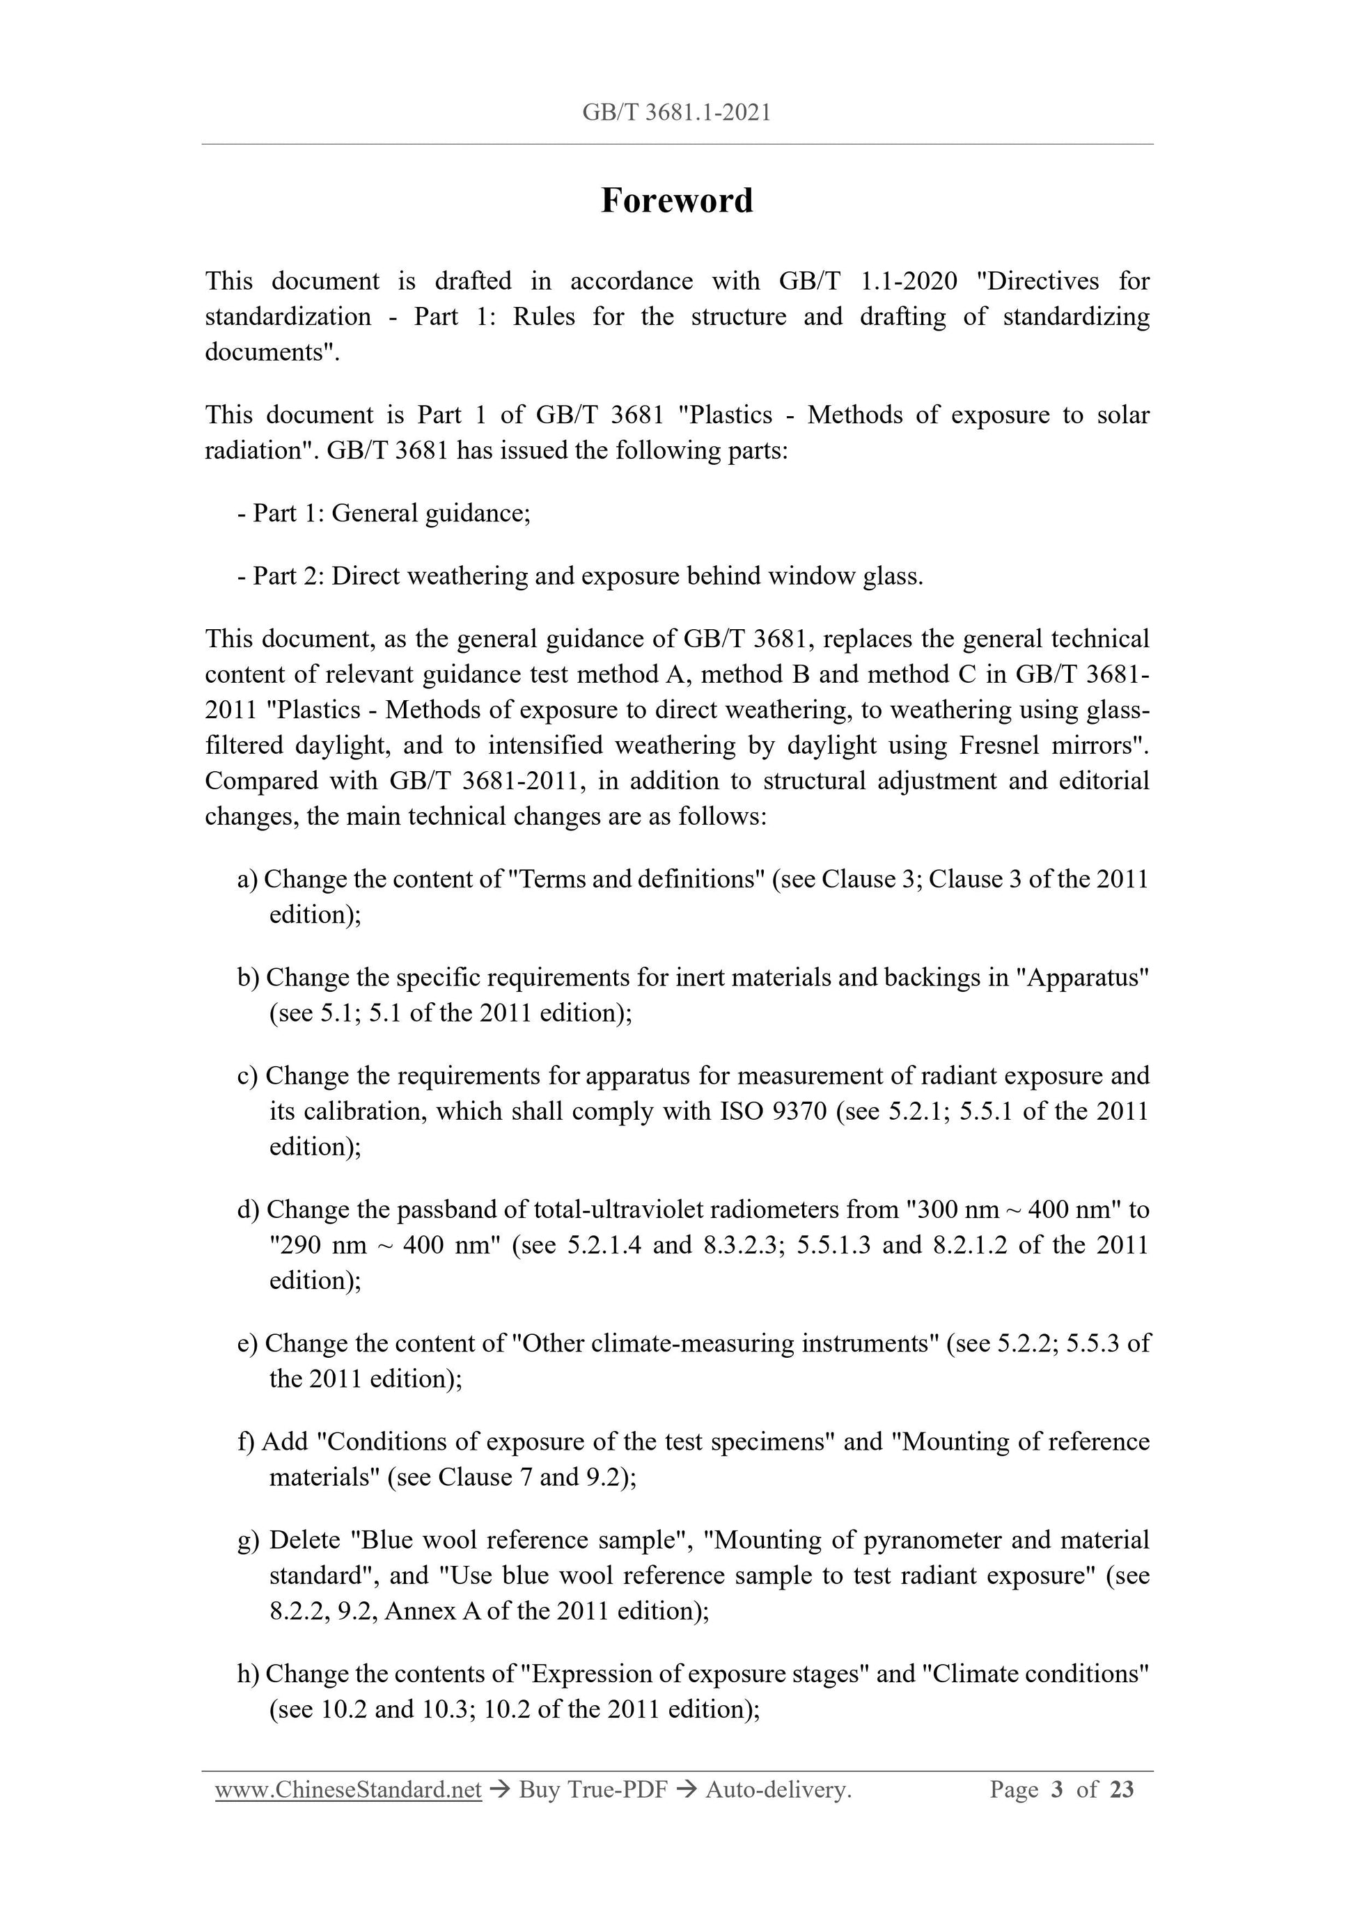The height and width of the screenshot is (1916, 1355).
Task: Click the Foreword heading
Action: click(676, 201)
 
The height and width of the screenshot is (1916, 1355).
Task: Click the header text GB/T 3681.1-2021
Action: click(676, 113)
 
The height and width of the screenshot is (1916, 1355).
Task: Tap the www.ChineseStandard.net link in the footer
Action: click(348, 1789)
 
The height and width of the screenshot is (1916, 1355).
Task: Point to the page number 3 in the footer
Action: click(1057, 1789)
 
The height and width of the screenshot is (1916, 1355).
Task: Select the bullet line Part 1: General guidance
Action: click(384, 512)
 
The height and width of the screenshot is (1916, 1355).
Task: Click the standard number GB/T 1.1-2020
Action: click(868, 281)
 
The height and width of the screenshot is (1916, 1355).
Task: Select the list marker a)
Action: click(248, 880)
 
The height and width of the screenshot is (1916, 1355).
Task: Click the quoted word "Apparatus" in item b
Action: click(1082, 977)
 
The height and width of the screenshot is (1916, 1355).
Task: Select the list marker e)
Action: click(248, 1343)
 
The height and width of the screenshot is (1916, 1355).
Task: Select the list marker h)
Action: click(248, 1674)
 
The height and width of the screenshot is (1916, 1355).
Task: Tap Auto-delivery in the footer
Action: click(777, 1789)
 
